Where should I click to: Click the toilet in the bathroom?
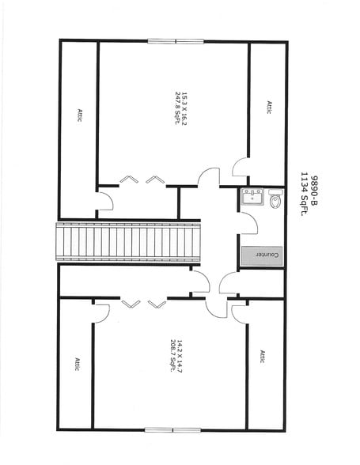pos(275,198)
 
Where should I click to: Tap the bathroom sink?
pos(252,197)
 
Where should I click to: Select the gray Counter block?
pos(261,256)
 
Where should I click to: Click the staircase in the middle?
pos(128,242)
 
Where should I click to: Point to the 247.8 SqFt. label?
pos(178,108)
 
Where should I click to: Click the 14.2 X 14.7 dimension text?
pos(180,356)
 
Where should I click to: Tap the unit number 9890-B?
pos(313,191)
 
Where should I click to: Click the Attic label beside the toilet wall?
pos(269,108)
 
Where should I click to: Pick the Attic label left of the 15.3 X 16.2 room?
pos(80,115)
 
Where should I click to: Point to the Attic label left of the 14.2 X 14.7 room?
pos(77,364)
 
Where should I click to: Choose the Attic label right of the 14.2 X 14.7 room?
pos(263,357)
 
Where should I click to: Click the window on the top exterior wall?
pos(176,41)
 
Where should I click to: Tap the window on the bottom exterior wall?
pos(172,430)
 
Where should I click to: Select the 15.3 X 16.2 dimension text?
pos(184,108)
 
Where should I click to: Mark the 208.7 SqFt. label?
pos(172,356)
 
